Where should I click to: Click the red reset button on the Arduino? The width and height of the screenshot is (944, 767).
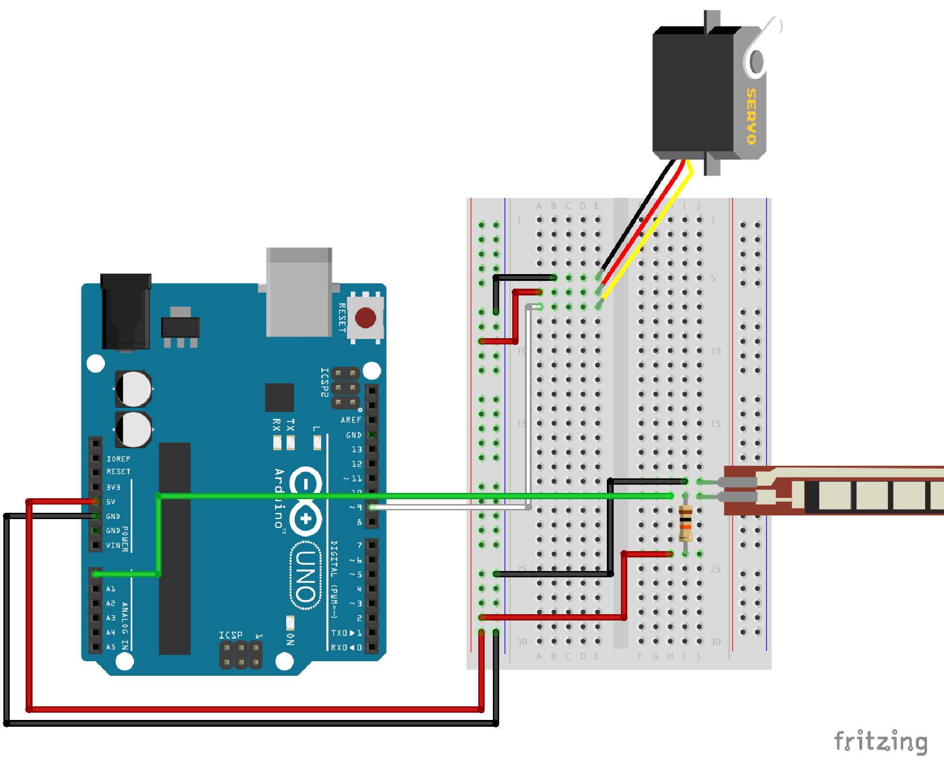point(365,318)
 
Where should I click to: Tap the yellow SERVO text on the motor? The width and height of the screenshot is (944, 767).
point(751,116)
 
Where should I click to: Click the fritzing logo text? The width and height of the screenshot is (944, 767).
point(880,741)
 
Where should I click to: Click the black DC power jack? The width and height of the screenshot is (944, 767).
point(126,310)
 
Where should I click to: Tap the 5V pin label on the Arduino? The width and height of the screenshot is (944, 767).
point(111,502)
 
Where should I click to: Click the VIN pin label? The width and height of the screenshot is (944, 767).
point(113,545)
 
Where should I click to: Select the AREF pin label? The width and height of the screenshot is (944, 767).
point(351,420)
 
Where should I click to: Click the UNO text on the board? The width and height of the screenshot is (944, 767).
point(306,575)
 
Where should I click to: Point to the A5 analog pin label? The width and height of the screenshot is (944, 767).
point(111,647)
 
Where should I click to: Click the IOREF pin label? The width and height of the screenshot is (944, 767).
point(118,458)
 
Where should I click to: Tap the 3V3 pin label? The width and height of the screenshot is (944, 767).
point(113,487)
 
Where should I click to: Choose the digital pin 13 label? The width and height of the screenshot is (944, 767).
point(357,449)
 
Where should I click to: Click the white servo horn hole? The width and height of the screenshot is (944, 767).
point(756,62)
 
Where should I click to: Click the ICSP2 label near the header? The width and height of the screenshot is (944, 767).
point(325,382)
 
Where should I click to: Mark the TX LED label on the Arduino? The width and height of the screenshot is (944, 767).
point(291,425)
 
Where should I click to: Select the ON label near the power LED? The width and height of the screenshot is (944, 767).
point(290,639)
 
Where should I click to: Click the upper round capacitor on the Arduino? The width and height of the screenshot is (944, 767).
point(133,389)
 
